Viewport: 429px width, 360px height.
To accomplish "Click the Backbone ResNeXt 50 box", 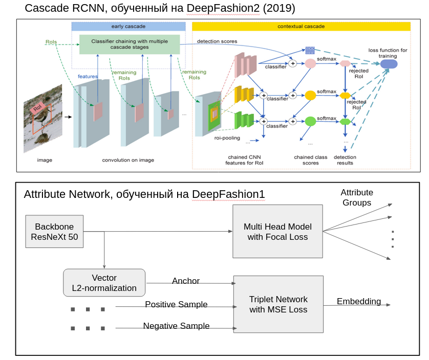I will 54,232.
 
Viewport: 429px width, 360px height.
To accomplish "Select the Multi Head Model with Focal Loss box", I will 277,232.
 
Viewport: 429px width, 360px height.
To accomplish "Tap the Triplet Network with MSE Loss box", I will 278,304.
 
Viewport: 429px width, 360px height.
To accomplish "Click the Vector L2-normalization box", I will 104,283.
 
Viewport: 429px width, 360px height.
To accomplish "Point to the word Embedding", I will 358,302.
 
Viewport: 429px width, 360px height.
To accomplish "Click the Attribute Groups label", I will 357,197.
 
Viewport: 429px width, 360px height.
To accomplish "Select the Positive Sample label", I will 176,305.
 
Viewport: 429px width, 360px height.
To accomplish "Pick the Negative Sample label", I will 176,326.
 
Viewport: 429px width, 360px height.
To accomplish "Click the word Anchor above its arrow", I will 186,281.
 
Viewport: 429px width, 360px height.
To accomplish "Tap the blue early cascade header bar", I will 128,26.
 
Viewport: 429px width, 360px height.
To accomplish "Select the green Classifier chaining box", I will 130,44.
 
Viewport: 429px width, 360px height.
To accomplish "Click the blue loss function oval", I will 388,64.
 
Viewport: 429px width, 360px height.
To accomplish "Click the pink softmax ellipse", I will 311,63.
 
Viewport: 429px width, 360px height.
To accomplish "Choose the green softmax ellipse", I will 311,121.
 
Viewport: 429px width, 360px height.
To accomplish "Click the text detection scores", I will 218,41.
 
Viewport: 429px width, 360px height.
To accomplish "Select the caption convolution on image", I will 128,160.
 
